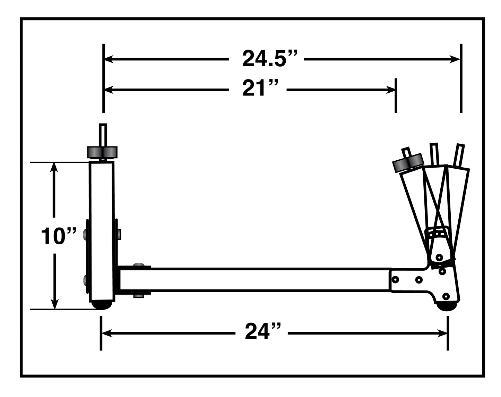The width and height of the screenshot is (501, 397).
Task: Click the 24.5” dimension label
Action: coord(269,59)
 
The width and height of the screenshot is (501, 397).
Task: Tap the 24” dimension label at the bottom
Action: coord(262,332)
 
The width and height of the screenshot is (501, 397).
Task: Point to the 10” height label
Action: coord(58,236)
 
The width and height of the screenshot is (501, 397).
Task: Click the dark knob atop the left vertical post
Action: coord(102,152)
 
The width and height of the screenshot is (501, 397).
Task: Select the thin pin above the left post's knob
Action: coord(103,134)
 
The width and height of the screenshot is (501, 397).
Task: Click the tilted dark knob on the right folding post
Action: coord(408,162)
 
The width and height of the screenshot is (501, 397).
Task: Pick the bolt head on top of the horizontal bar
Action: coord(139,265)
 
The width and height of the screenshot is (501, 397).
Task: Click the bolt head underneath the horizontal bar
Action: coord(139,296)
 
